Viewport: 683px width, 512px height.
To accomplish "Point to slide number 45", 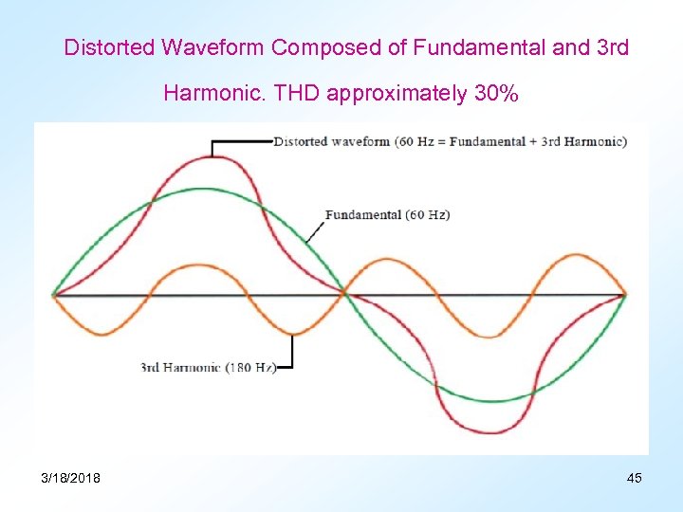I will (634, 478).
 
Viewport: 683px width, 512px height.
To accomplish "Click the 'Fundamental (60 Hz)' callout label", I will (387, 214).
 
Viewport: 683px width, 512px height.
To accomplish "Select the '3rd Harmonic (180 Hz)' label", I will (208, 367).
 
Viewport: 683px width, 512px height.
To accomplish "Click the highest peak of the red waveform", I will (210, 157).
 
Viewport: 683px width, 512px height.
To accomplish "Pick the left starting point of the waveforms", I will (54, 295).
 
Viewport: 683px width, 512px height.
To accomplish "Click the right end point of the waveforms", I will (625, 295).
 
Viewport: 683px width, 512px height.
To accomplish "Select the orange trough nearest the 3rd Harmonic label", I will (292, 334).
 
